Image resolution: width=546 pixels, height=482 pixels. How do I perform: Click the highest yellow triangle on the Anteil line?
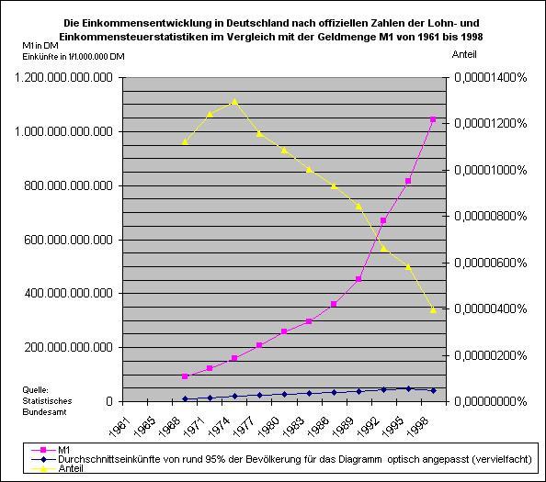coord(234,102)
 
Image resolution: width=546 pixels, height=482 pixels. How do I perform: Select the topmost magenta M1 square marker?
coord(433,119)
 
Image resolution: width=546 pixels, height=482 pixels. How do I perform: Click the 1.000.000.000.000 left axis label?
coord(63,132)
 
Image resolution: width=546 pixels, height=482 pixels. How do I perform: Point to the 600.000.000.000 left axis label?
coord(68,240)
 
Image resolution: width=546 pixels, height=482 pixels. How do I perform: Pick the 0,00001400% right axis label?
coord(490,77)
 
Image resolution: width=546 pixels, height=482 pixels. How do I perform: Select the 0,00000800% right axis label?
coord(490,216)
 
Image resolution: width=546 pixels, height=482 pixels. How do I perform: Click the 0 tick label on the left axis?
coord(109,401)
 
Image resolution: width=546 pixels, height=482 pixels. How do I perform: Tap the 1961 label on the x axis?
coord(119,426)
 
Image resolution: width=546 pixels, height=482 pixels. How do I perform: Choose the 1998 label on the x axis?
coord(417,426)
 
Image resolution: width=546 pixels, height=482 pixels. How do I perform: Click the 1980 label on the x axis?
coord(268,426)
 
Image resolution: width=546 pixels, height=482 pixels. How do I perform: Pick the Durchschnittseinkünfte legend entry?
coord(281,459)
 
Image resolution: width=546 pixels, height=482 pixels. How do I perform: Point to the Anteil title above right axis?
coord(464,54)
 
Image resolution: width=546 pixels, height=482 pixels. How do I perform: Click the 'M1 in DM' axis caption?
coord(40,46)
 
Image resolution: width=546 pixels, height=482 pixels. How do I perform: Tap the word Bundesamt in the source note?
coord(44,412)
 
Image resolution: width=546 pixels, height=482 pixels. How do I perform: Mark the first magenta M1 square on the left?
coord(185,376)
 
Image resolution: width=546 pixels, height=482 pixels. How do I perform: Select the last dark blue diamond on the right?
coord(433,390)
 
